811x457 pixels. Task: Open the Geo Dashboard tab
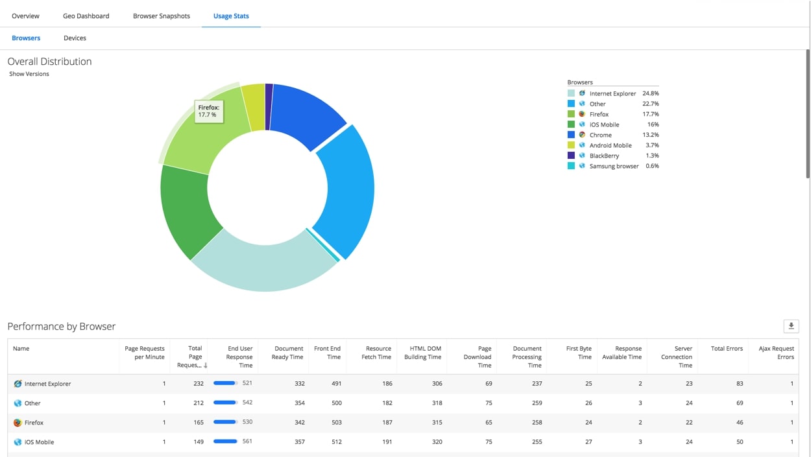(86, 16)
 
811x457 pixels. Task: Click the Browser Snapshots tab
(162, 16)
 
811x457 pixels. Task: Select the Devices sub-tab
(75, 38)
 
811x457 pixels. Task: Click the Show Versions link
(29, 74)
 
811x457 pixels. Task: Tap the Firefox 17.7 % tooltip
(208, 111)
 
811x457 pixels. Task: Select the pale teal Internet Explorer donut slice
(263, 266)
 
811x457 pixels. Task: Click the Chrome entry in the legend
(600, 135)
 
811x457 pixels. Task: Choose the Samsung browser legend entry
(614, 166)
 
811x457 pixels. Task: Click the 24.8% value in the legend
(650, 93)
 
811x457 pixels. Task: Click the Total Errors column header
(726, 349)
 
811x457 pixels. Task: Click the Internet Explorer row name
(47, 384)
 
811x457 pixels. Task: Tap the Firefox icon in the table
(18, 423)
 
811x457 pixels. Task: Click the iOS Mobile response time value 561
(247, 441)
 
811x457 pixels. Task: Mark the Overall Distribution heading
(49, 62)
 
